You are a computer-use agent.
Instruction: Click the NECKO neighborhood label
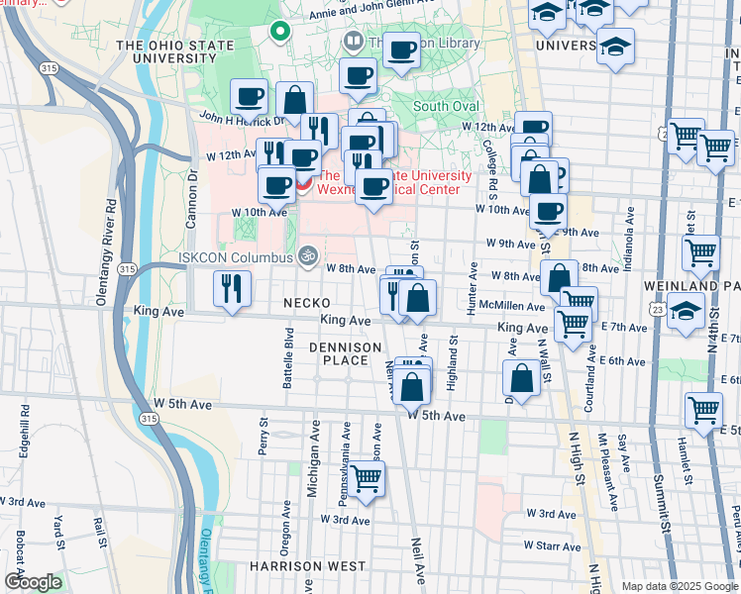click(306, 302)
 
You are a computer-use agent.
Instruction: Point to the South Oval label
click(445, 106)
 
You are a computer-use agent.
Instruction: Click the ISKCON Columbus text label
click(235, 258)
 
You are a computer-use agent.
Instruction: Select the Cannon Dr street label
click(194, 189)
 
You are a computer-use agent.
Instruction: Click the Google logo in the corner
click(33, 582)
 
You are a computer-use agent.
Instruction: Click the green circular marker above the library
click(280, 31)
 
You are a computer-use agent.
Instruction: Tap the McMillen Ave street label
click(511, 307)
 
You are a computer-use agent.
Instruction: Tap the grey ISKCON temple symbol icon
click(308, 256)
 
